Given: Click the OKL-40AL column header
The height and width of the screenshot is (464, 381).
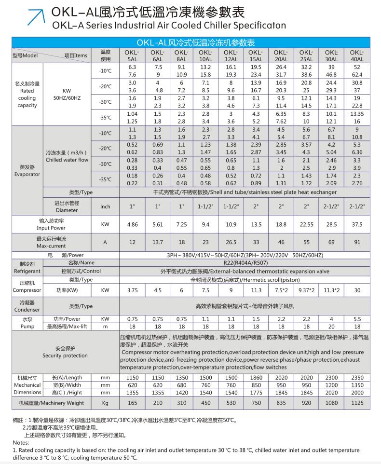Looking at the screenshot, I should [356, 55].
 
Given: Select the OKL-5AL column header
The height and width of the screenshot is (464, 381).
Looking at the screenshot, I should [132, 55].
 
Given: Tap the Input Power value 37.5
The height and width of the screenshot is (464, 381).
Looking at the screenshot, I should [356, 224].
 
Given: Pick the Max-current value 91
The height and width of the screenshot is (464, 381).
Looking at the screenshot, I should [356, 242].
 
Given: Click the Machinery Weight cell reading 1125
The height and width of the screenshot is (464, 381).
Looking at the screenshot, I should [356, 403].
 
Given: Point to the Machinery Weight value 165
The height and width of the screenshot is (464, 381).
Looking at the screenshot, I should [132, 403].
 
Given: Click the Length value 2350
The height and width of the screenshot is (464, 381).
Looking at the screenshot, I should [356, 378].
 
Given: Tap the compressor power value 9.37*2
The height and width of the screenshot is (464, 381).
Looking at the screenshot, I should [306, 290].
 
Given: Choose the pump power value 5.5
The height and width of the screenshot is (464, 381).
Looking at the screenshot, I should [356, 319].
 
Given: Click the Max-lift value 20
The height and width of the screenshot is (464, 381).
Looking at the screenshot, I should [331, 326].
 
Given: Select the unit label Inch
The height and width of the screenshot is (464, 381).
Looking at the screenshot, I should [105, 206].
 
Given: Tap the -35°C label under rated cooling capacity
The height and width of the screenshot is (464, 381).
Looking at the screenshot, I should [105, 118].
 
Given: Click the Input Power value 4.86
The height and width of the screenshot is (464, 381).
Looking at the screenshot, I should [132, 224].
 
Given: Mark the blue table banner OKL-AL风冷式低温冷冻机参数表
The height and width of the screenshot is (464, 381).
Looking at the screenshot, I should [190, 43].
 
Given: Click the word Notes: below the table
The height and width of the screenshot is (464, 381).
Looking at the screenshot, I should [21, 442].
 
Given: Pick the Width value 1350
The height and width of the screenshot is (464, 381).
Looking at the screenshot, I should [356, 385].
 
